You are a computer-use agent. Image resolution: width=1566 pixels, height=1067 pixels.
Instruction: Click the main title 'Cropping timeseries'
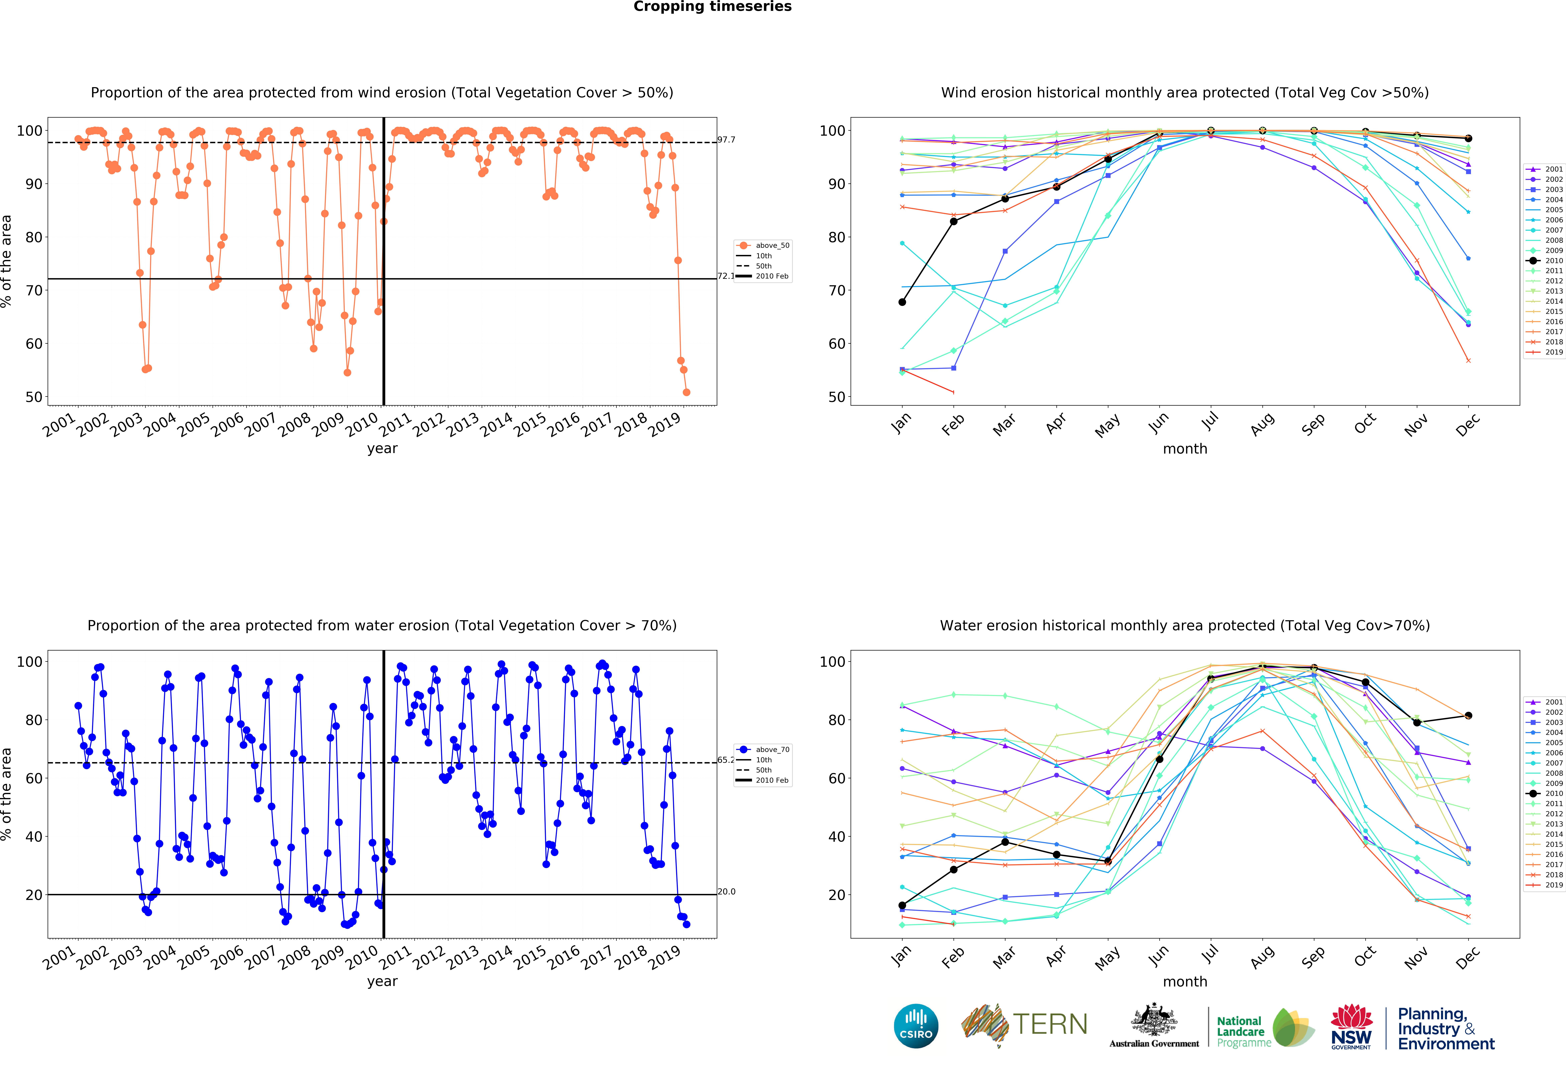(712, 7)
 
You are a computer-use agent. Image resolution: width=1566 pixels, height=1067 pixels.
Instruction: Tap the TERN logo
(1024, 1025)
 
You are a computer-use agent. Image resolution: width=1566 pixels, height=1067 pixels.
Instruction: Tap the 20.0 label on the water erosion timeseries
(726, 891)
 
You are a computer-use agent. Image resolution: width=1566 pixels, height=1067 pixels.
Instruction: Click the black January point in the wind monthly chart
(902, 302)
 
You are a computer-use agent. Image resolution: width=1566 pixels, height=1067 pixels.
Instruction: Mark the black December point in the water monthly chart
(1468, 715)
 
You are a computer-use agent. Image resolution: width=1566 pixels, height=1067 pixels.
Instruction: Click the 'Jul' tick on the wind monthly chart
(1210, 421)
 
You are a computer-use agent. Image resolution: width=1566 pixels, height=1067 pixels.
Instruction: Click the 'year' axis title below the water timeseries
(382, 981)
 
